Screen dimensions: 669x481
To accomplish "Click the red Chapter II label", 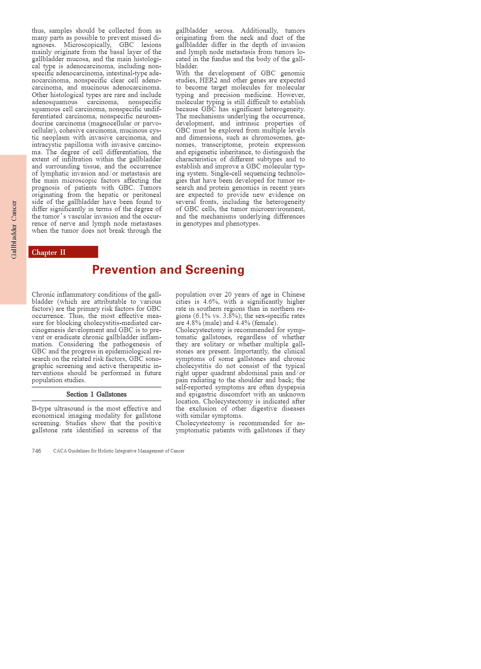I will click(49, 252).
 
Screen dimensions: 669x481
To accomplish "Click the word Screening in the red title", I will click(215, 270).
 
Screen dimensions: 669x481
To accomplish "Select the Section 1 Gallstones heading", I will click(96, 394).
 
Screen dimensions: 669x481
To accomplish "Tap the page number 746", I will click(36, 451).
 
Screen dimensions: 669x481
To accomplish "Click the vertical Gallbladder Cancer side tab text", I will click(14, 230).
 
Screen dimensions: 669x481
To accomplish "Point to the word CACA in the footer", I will click(60, 451).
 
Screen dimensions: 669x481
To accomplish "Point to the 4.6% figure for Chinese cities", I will click(210, 302).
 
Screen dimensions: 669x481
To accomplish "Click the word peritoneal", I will click(145, 195).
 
